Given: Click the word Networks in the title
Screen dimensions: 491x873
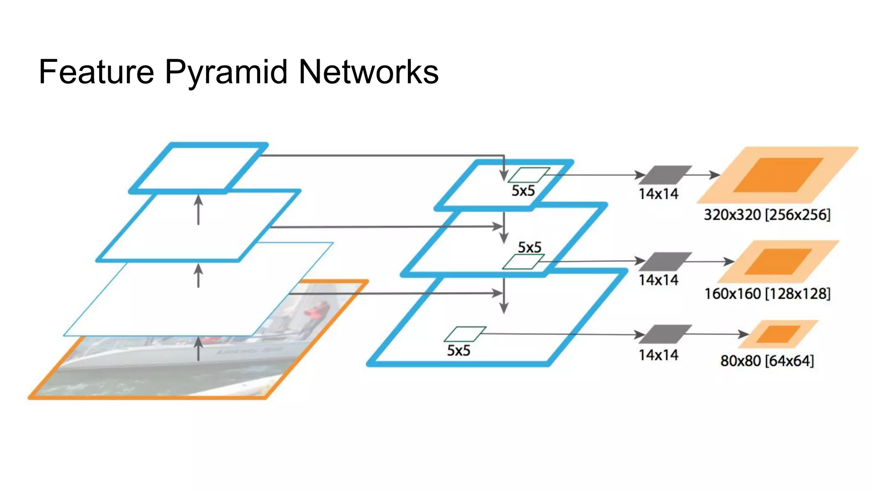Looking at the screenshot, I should [368, 72].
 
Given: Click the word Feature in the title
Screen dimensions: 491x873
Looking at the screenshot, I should [96, 72].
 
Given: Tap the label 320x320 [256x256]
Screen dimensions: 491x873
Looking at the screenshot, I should [767, 214].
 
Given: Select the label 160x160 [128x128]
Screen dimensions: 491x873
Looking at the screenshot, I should [767, 294].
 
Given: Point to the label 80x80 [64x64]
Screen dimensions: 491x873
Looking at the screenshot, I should [767, 361].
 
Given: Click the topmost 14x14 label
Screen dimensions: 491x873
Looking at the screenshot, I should [658, 194].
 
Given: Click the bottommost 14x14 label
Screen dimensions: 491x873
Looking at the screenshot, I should [658, 355].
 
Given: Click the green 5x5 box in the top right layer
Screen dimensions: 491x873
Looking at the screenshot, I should [529, 175].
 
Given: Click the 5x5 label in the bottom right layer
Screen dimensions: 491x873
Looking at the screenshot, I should [458, 350].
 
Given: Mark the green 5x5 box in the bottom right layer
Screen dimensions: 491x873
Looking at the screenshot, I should [465, 334].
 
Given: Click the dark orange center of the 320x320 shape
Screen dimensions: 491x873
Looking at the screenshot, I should [778, 175].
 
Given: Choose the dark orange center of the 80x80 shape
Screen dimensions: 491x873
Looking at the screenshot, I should [778, 334].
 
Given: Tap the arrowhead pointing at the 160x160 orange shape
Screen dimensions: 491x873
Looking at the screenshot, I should [730, 261].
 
